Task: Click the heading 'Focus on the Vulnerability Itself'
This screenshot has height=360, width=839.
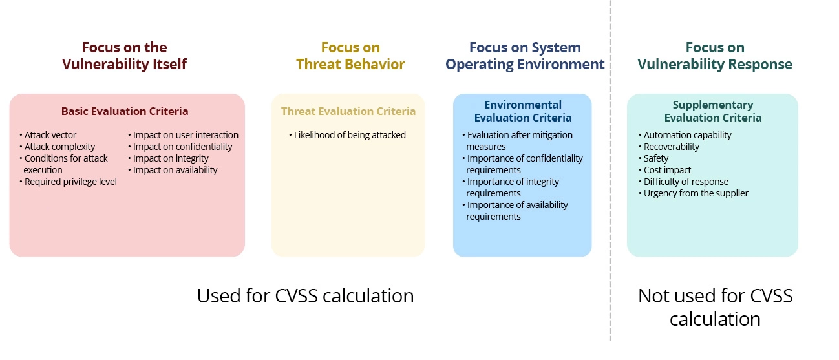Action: coord(124,56)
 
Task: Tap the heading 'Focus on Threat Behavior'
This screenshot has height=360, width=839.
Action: coord(350,56)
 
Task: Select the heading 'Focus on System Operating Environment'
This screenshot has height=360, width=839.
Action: coord(525,56)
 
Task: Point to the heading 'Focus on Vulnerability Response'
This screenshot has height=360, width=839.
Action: coord(714,56)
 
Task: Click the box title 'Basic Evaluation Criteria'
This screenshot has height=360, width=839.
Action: coord(125,111)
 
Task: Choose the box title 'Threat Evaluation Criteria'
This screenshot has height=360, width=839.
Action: coord(348,111)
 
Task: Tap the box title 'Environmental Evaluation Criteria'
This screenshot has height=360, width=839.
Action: coord(523,111)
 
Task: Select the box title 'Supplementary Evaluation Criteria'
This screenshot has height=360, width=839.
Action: coord(712,111)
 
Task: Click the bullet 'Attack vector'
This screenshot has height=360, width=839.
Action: coord(50,135)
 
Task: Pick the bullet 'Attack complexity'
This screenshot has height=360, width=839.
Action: coord(59,147)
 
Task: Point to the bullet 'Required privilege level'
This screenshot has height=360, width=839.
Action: coord(70,182)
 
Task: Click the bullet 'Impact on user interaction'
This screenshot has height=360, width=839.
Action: coord(186,135)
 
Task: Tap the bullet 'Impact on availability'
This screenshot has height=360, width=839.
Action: coord(175,170)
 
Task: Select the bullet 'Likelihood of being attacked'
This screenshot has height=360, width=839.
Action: coord(350,135)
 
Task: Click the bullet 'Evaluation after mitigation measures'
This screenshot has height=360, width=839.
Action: coord(519,141)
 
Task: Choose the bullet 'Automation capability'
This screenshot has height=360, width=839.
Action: coord(687,135)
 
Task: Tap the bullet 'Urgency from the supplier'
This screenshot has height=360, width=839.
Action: coord(696,193)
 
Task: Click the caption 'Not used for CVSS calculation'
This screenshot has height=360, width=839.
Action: coord(715,307)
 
